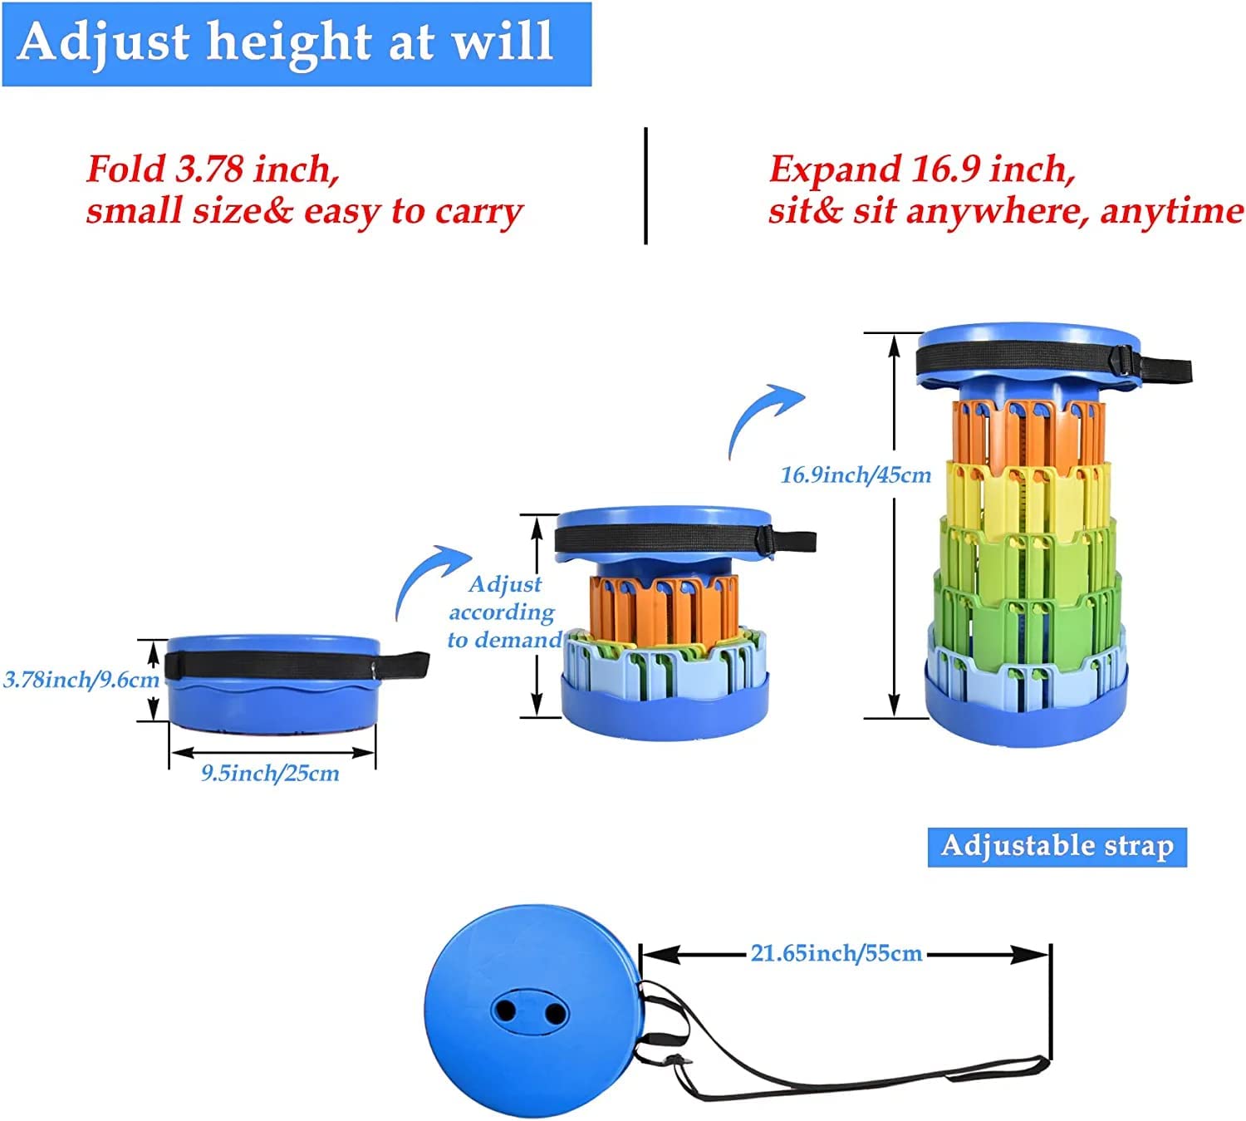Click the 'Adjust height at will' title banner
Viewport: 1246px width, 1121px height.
click(296, 43)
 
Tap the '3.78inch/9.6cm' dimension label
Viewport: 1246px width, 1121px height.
click(81, 680)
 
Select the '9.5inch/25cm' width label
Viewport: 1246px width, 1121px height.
click(271, 774)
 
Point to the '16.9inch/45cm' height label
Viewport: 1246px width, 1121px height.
click(856, 475)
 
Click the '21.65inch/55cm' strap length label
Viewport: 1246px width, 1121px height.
click(836, 953)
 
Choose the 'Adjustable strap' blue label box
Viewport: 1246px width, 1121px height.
click(1057, 846)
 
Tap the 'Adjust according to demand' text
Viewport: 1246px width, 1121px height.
click(504, 612)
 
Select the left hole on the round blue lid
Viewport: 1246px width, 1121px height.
click(504, 1011)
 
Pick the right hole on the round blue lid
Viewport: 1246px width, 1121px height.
click(551, 1011)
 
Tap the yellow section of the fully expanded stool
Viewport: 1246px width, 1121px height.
click(1028, 494)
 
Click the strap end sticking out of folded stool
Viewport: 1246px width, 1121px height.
click(407, 663)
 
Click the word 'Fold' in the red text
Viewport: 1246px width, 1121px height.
click(125, 170)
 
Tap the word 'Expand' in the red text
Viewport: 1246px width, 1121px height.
click(834, 170)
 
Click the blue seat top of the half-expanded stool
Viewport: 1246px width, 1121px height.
click(662, 517)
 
